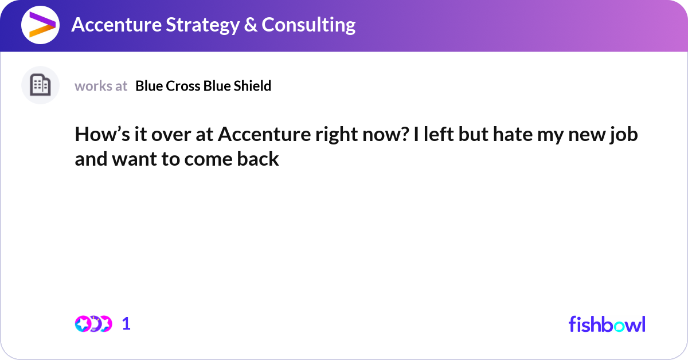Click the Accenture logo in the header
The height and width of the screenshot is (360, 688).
pyautogui.click(x=40, y=25)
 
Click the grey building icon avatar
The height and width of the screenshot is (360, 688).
pyautogui.click(x=40, y=85)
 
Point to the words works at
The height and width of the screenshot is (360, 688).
pyautogui.click(x=101, y=86)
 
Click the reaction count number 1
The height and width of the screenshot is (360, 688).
pyautogui.click(x=126, y=324)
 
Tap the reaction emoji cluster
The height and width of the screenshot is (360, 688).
pyautogui.click(x=93, y=324)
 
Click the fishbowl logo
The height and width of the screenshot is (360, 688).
pyautogui.click(x=607, y=324)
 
